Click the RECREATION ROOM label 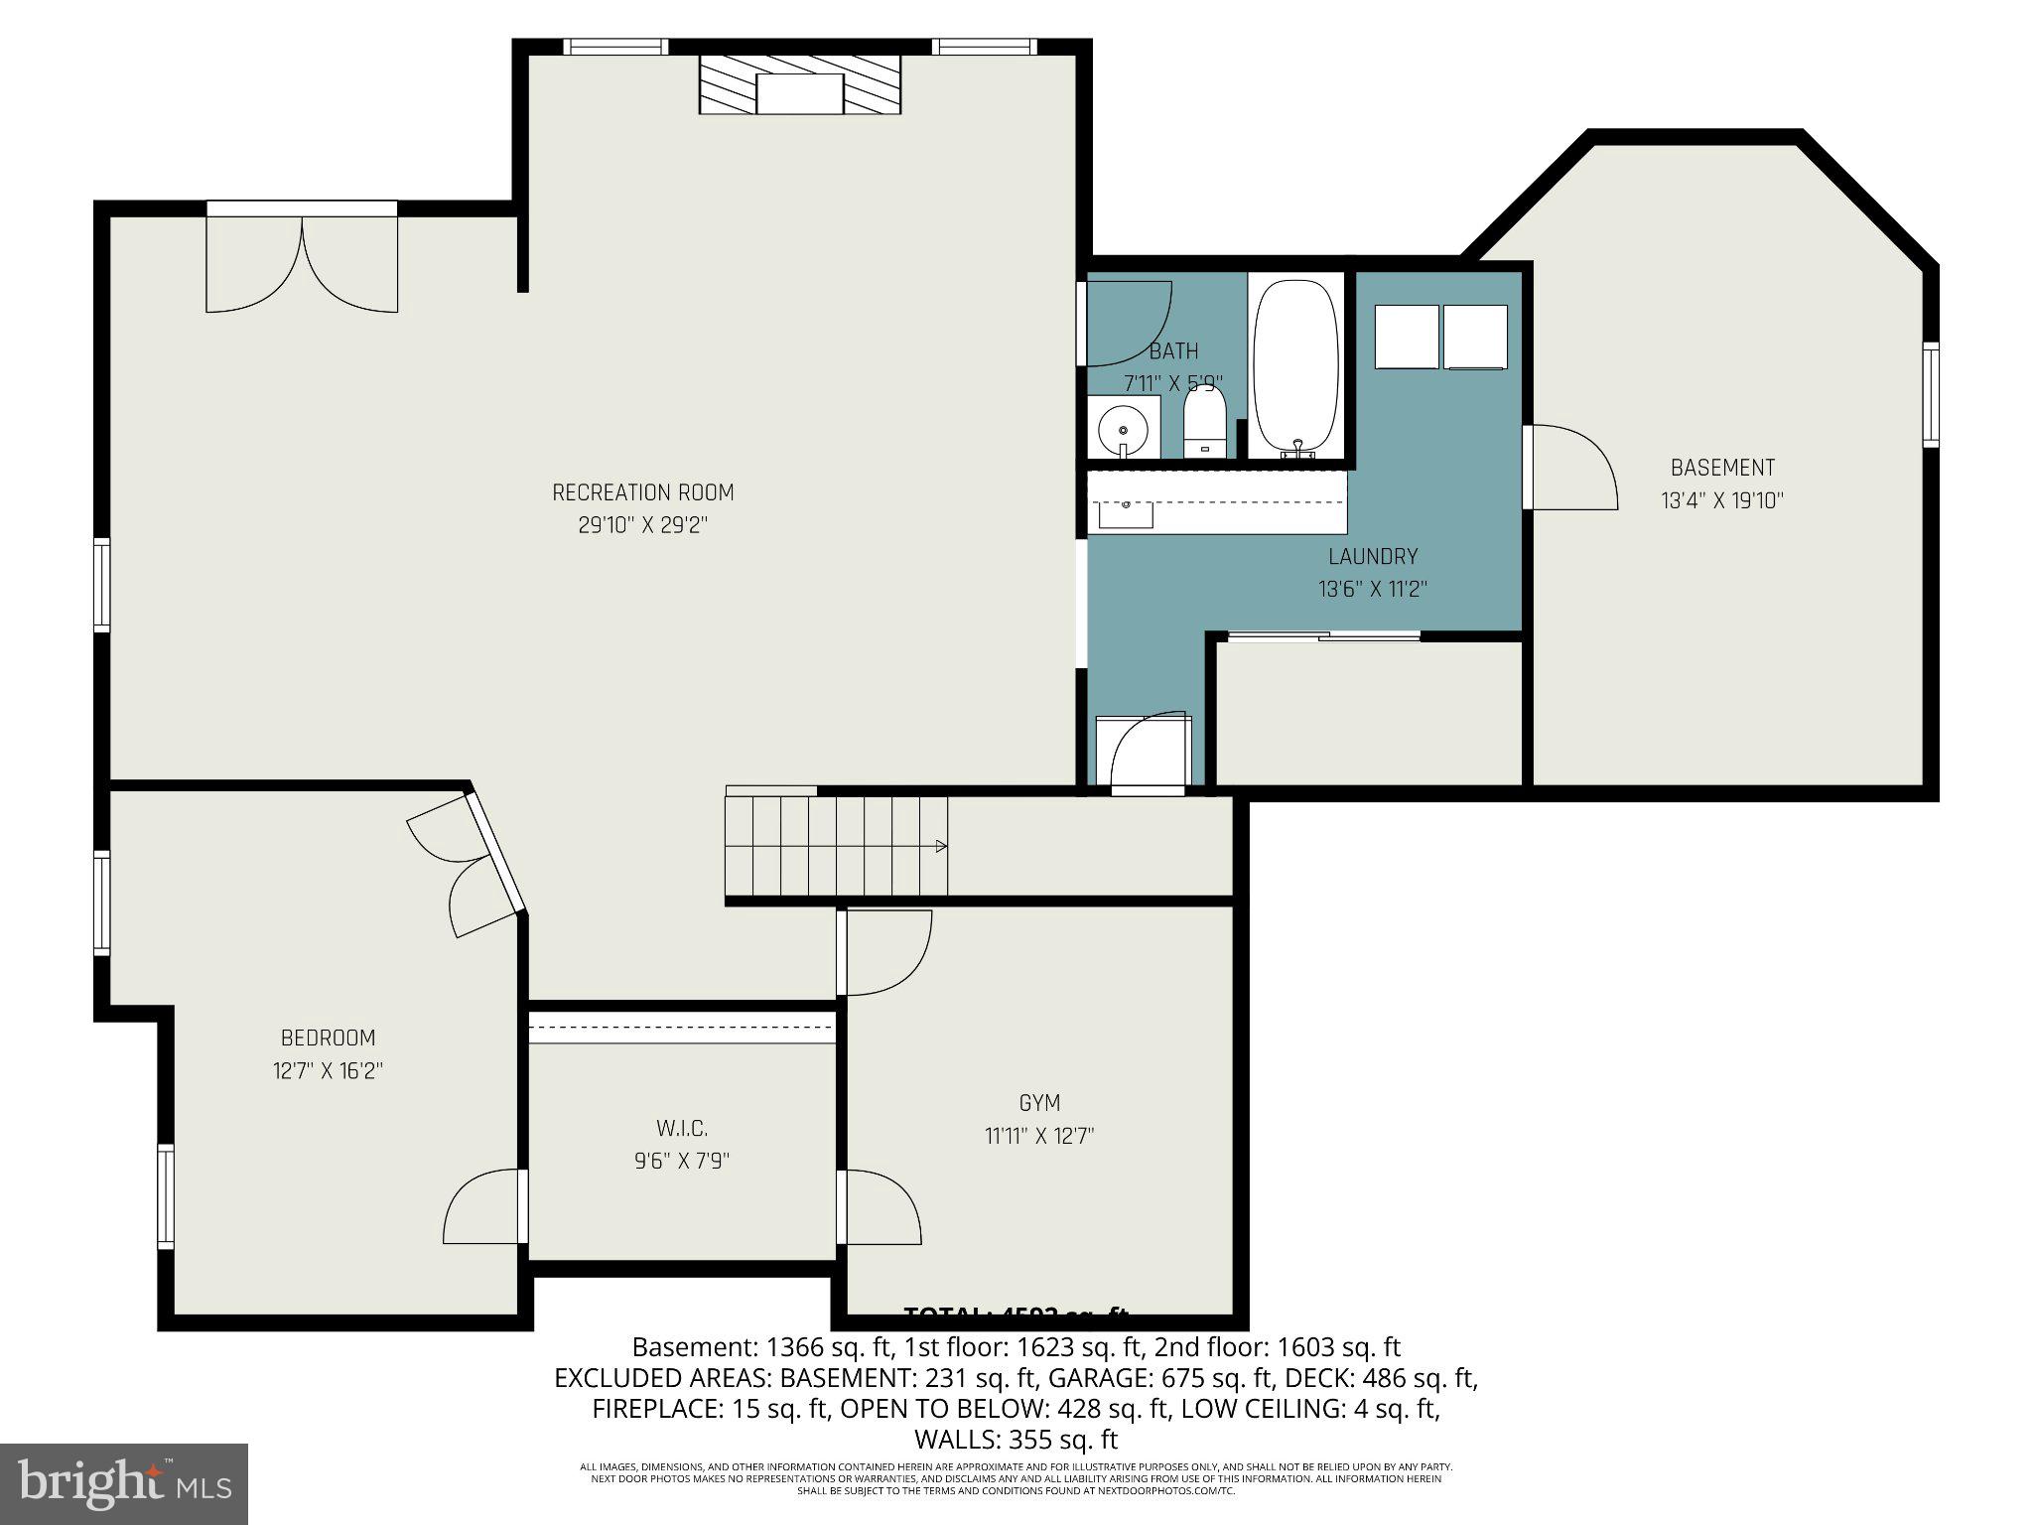(x=642, y=492)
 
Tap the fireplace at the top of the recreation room (x=800, y=85)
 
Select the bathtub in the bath (x=1294, y=367)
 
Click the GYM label (x=1039, y=1103)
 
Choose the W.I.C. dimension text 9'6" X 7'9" (x=682, y=1161)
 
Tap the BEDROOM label (x=328, y=1039)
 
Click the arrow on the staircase (x=939, y=846)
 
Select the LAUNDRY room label (x=1373, y=557)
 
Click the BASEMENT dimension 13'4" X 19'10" (x=1722, y=500)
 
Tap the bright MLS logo (x=124, y=1483)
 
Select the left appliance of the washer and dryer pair (x=1406, y=337)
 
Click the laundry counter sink (x=1126, y=514)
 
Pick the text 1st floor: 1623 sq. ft (x=1025, y=1347)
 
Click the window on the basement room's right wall (x=1930, y=394)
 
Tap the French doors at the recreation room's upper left (x=302, y=260)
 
